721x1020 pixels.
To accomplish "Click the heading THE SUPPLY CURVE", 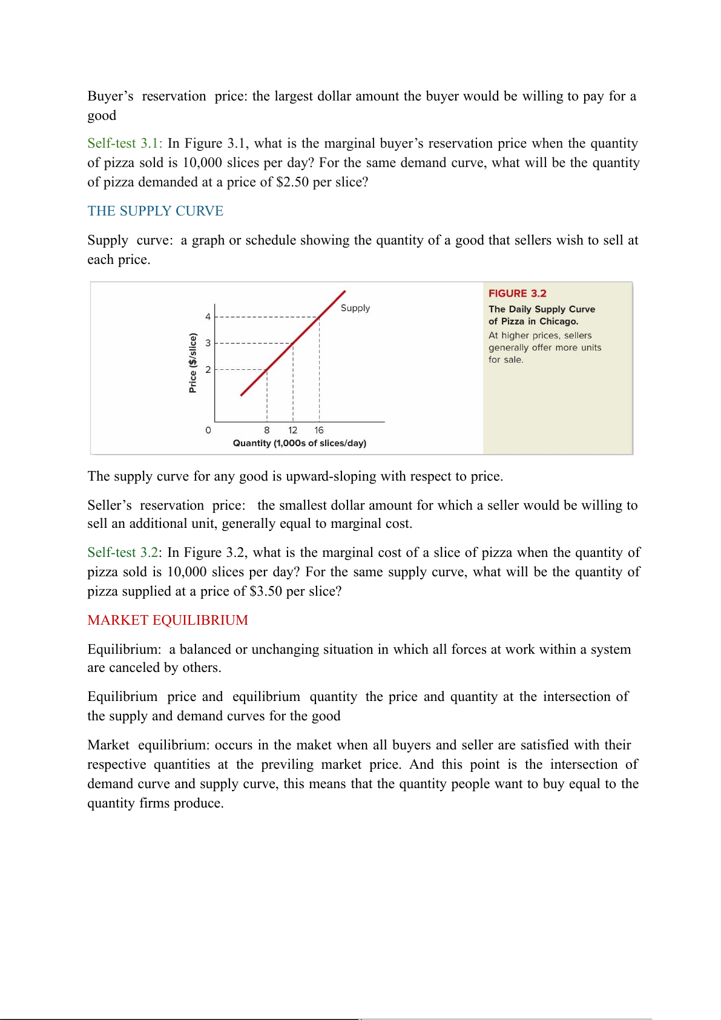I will (x=155, y=211).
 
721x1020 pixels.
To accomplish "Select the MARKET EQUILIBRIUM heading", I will (x=168, y=620).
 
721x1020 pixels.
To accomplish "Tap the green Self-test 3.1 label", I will (x=125, y=143).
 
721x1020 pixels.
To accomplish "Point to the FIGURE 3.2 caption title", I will (x=517, y=294).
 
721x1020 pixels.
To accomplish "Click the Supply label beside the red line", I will (x=355, y=308).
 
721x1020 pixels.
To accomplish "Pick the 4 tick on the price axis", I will (x=208, y=317).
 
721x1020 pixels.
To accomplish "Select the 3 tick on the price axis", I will (x=208, y=343).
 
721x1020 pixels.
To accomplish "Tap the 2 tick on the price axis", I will (x=208, y=369).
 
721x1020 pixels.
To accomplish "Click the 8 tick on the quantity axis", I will (x=267, y=430).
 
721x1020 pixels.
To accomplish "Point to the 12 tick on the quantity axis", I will (x=293, y=430).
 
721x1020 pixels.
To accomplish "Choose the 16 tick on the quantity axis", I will (x=319, y=430).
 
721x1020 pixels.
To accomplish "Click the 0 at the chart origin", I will (x=208, y=430).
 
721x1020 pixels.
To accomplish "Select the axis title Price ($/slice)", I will (x=193, y=363).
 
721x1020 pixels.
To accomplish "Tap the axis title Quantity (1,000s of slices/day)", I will (x=300, y=443).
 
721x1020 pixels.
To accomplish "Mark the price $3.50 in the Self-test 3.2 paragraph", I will (x=266, y=591).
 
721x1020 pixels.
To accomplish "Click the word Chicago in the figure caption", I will (x=559, y=321).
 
